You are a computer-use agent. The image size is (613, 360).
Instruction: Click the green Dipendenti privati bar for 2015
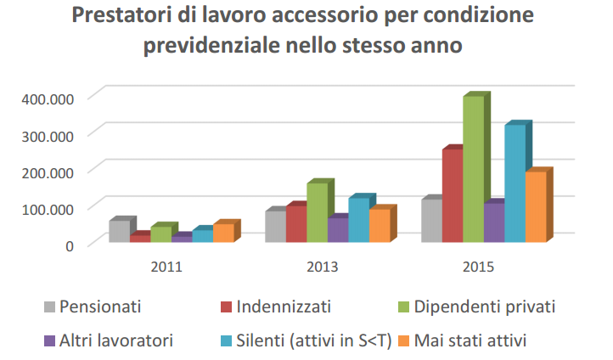[474, 169]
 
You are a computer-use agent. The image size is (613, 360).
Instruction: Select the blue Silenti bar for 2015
[515, 183]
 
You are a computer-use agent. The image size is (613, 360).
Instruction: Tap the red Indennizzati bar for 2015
[453, 195]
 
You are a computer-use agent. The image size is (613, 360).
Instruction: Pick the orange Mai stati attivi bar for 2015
[536, 207]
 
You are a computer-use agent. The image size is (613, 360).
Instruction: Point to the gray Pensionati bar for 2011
[120, 231]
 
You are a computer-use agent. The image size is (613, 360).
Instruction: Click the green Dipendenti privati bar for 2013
[318, 212]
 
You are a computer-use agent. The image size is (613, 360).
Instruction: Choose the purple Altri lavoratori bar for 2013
[338, 230]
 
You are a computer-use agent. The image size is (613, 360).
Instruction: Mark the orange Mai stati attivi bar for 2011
[223, 233]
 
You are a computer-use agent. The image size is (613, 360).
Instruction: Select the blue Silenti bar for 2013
[359, 220]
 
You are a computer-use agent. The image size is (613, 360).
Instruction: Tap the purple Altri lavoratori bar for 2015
[494, 222]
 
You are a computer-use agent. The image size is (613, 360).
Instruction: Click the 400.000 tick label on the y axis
[48, 98]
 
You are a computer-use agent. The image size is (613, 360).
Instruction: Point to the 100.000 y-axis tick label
[48, 209]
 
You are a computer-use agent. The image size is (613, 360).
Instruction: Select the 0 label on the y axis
[70, 246]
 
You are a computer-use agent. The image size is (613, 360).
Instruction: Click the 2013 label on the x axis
[322, 267]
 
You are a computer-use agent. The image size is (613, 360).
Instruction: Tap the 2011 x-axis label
[166, 267]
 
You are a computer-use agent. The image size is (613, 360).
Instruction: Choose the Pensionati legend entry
[93, 307]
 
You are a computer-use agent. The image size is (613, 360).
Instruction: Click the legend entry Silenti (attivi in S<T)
[306, 340]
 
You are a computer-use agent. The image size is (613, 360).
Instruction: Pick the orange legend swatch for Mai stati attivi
[403, 340]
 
